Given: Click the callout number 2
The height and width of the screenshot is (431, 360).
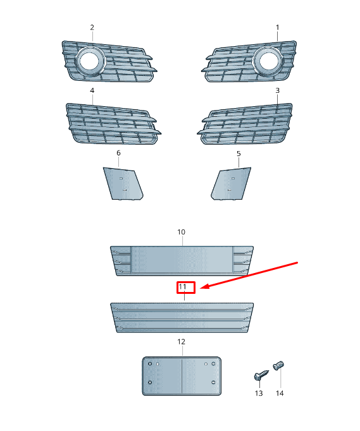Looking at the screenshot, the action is point(92,27).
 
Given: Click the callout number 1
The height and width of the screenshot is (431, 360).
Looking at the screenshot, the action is point(277,27).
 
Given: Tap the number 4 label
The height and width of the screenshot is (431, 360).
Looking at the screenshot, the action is point(92,90).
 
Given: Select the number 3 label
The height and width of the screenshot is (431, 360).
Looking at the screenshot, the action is point(277,90).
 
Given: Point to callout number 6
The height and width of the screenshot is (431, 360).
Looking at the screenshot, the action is point(118,153).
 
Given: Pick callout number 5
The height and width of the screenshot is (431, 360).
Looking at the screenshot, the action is point(239,154).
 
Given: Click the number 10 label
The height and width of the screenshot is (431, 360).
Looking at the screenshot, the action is point(181,232).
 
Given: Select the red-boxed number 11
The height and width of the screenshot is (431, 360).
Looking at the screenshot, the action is point(182,287).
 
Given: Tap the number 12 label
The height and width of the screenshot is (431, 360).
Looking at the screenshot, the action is point(181,342).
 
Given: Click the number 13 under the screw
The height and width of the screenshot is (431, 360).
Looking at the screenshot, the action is point(259,393).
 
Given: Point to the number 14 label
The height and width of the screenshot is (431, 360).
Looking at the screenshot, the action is point(280,393).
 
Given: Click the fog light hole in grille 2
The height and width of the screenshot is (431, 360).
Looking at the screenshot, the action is point(90,61).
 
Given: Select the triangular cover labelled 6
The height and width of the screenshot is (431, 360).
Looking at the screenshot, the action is point(123,184).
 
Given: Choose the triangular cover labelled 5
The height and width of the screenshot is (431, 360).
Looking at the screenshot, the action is point(231,184).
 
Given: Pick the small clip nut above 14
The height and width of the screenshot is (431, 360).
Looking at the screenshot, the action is point(278,365).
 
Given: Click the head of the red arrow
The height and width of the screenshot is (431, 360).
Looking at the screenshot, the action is point(203,288).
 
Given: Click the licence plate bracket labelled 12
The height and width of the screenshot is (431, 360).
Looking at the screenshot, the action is point(182,376).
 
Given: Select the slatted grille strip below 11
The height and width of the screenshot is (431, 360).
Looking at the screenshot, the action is point(182,317).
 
